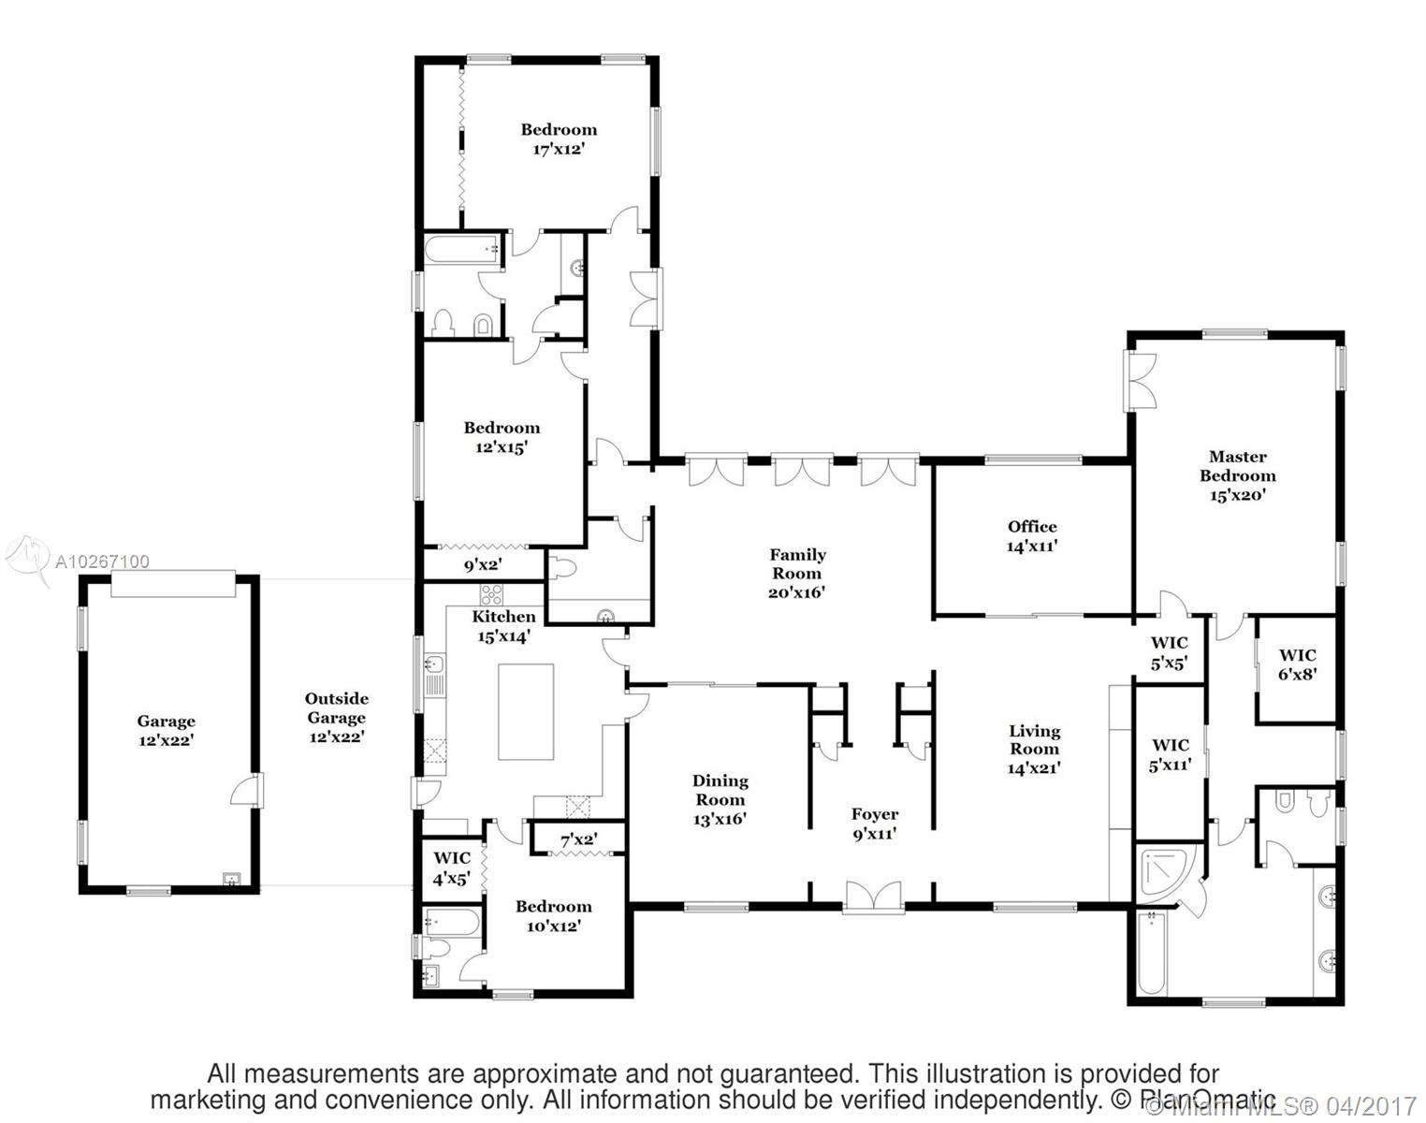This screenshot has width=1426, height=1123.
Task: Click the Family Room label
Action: coord(797,573)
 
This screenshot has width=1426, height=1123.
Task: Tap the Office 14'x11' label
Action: coord(1032,536)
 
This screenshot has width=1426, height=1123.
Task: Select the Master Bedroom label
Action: coord(1237,475)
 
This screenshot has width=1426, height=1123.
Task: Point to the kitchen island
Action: coord(526,711)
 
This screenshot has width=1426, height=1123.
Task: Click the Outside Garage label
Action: coord(337,717)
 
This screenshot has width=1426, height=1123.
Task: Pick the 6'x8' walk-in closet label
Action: coord(1297,664)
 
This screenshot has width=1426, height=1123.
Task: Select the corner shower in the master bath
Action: coord(1165,872)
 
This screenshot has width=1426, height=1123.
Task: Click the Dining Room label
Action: coord(720,799)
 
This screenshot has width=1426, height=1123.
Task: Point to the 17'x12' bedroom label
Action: coord(559,139)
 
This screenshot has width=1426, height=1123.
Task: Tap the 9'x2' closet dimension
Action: coord(483,565)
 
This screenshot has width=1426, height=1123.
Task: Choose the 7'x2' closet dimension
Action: coord(579,840)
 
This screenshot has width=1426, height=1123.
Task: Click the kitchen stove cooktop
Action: coord(491,594)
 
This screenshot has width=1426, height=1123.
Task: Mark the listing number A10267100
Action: coord(102,562)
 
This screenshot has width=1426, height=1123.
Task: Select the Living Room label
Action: coord(1034,749)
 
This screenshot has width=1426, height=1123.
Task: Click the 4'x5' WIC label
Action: coord(452,868)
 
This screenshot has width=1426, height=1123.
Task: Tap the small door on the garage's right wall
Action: coord(246,790)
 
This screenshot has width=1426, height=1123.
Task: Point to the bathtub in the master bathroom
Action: coord(1153,954)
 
